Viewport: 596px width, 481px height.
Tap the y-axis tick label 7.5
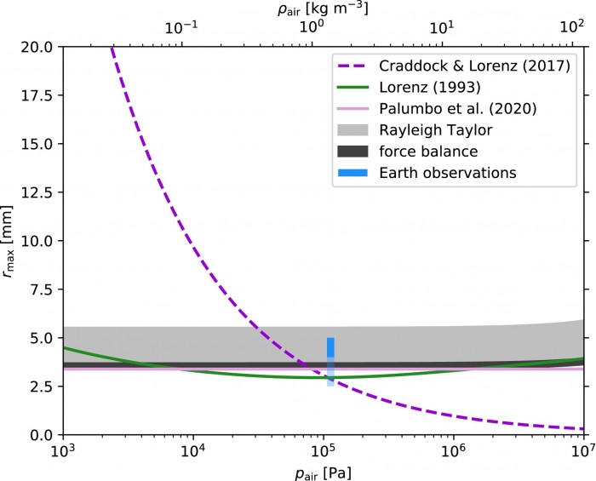(40, 289)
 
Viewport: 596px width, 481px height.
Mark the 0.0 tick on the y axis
(40, 435)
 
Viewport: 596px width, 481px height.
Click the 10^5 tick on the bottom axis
(322, 450)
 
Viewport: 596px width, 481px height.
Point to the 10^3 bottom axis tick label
(61, 450)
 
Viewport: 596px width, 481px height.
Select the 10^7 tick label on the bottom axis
(582, 450)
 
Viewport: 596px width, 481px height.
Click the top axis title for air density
(321, 9)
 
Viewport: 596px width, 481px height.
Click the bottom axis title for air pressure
(321, 471)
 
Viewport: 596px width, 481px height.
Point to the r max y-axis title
(13, 240)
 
